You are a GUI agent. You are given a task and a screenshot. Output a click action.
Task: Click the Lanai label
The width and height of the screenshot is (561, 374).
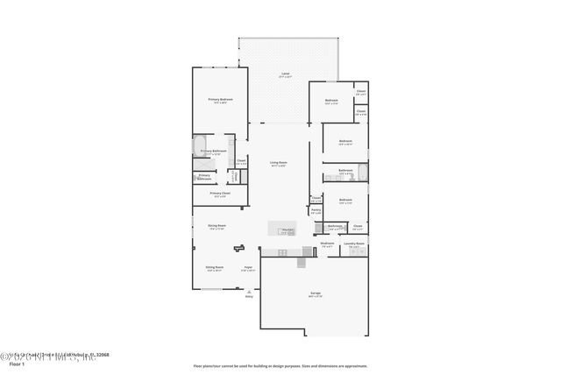[285, 73]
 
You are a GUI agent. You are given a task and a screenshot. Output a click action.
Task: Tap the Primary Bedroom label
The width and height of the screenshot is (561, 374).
[220, 101]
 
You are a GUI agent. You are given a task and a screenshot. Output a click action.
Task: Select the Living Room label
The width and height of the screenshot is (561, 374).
[279, 162]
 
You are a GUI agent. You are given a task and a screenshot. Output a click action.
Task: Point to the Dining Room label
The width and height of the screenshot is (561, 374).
[217, 226]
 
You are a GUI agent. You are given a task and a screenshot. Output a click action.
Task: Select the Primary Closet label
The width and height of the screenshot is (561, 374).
[220, 194]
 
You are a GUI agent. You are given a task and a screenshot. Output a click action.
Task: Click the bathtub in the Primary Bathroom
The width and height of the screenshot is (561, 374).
[198, 145]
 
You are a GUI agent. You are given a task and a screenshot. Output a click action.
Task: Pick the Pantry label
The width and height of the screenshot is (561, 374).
[316, 210]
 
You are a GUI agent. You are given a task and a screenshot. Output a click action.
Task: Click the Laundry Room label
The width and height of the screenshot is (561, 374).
[354, 243]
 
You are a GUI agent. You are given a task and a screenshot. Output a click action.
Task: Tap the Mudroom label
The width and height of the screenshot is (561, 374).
[327, 244]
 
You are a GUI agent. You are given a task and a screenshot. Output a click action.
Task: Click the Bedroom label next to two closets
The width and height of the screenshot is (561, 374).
[332, 101]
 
